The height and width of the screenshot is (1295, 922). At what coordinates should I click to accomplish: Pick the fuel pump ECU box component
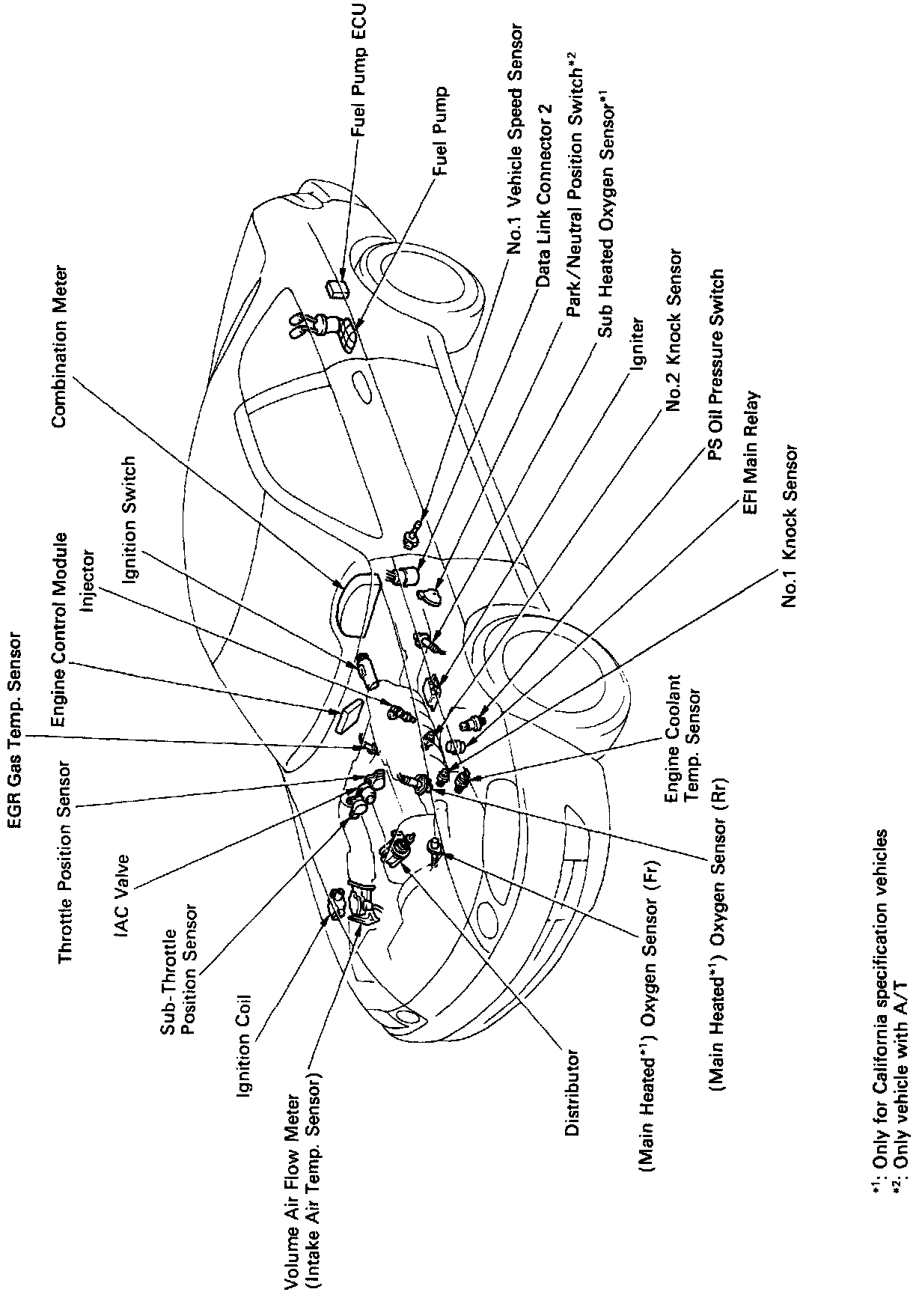336,288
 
